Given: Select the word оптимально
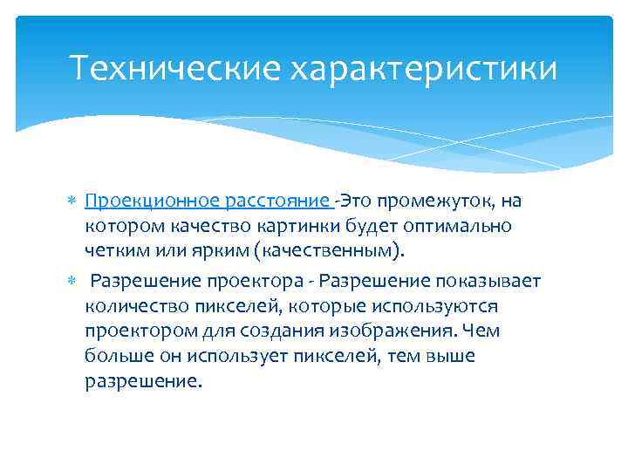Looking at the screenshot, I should coord(461,227).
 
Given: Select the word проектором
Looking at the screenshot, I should coord(136,331).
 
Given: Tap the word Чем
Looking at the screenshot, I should coord(482,331).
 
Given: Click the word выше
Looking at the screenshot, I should coord(451,357).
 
